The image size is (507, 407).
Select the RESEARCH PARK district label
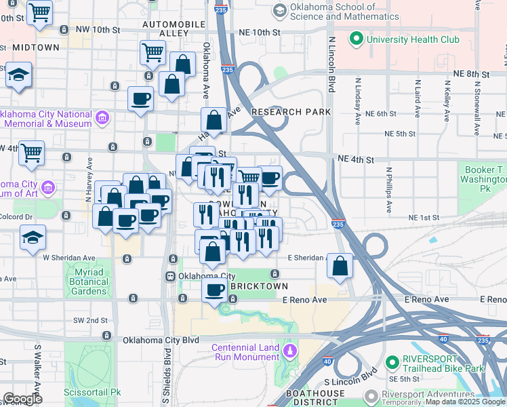pyautogui.click(x=291, y=112)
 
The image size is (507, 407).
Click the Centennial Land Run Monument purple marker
pyautogui.click(x=290, y=351)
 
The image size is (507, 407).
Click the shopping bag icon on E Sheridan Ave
pyautogui.click(x=340, y=266)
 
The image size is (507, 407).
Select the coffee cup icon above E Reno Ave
pyautogui.click(x=215, y=290)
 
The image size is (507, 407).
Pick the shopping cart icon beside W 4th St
pyautogui.click(x=31, y=153)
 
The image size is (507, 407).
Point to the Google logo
pyautogui.click(x=22, y=399)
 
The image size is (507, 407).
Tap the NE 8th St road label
pyautogui.click(x=471, y=73)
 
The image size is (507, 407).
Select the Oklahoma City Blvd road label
pyautogui.click(x=161, y=340)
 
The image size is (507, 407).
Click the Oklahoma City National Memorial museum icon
pyautogui.click(x=102, y=119)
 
